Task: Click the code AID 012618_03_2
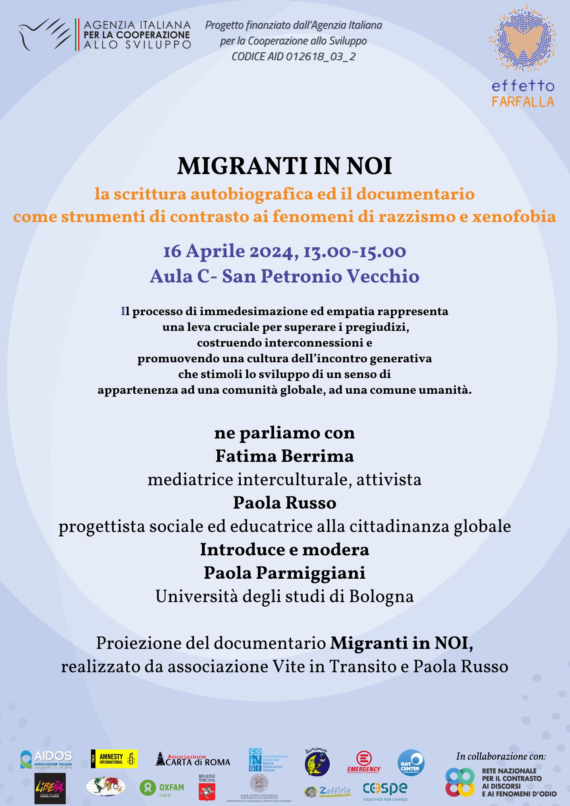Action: tap(293, 56)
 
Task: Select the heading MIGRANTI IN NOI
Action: tap(285, 166)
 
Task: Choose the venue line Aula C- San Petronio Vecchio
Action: tap(285, 276)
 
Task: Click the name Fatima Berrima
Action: tap(285, 456)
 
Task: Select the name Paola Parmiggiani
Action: tap(285, 573)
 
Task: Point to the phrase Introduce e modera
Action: tap(285, 550)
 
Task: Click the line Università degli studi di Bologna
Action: tap(285, 596)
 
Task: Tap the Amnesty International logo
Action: tap(114, 759)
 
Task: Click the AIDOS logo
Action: tap(46, 759)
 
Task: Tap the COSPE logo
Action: tap(385, 790)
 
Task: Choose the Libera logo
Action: tap(50, 788)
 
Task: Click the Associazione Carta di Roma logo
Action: tap(193, 760)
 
